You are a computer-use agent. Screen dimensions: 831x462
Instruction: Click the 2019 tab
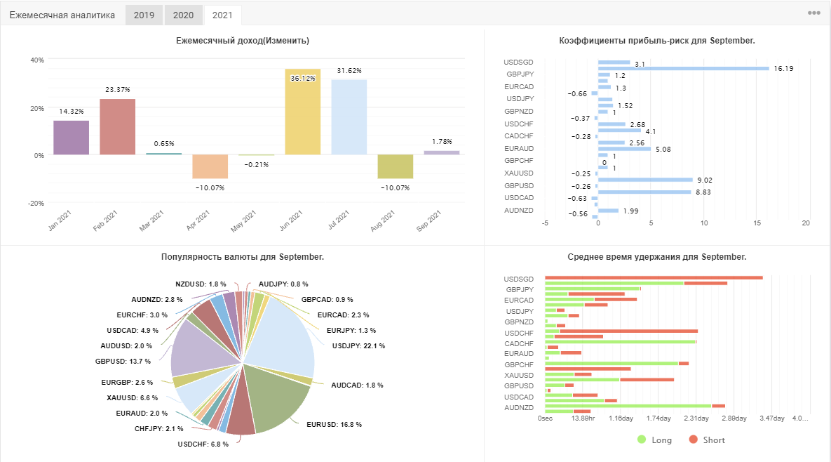tap(144, 15)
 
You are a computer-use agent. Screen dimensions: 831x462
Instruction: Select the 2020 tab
tap(183, 15)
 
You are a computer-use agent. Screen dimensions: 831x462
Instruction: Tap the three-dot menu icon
tap(814, 13)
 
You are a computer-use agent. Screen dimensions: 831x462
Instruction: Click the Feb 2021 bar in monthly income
tap(118, 127)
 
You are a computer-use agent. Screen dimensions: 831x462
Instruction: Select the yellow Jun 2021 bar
tap(303, 112)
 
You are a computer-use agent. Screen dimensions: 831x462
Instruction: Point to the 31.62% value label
tap(349, 70)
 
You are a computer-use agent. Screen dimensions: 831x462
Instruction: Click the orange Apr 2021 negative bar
tap(210, 166)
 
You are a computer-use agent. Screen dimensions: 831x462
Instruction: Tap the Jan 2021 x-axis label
tap(60, 220)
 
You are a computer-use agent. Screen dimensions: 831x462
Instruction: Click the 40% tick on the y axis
tap(37, 60)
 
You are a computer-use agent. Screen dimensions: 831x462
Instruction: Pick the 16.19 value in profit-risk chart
tap(783, 68)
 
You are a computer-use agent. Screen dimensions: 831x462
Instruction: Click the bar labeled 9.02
tap(645, 180)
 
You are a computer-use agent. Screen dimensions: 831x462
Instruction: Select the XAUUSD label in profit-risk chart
tap(519, 173)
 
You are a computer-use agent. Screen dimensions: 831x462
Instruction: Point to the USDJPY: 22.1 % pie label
tap(359, 346)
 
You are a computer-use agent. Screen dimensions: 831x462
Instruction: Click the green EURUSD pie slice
tap(276, 398)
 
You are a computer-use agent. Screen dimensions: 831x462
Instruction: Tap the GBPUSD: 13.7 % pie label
tap(123, 361)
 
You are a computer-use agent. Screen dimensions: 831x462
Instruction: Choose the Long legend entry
tap(654, 440)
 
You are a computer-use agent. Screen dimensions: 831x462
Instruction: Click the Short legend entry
tap(707, 440)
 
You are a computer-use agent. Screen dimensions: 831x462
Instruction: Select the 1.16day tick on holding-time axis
tap(621, 418)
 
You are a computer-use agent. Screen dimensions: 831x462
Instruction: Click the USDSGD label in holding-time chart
tap(519, 279)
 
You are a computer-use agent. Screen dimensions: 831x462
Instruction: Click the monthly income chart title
tap(243, 40)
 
